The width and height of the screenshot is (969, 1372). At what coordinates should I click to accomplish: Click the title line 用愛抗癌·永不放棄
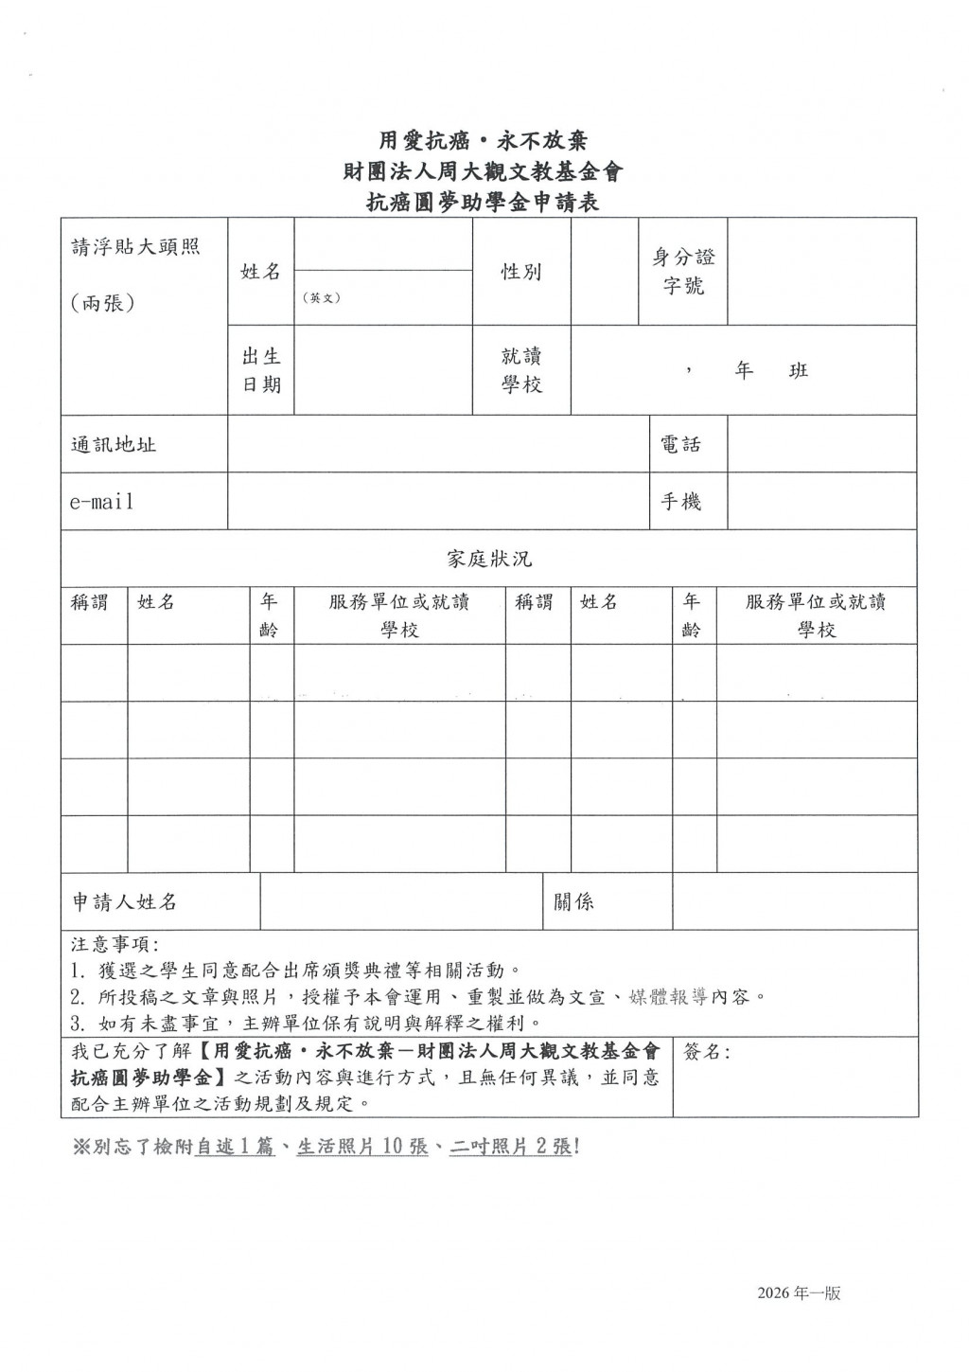(x=484, y=141)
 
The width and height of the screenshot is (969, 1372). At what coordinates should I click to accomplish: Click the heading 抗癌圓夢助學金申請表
(x=484, y=202)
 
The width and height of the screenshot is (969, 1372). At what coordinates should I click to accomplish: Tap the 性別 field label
(x=521, y=272)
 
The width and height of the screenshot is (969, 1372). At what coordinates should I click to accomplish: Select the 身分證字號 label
(x=683, y=272)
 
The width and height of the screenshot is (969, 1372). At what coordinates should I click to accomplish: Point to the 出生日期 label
(x=261, y=370)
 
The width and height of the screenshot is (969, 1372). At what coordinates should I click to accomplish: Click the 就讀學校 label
(x=521, y=370)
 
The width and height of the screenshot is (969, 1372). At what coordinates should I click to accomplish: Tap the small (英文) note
(x=322, y=297)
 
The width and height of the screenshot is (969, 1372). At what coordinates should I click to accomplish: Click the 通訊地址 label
(x=114, y=444)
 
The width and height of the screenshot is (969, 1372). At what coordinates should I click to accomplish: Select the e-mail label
(x=101, y=502)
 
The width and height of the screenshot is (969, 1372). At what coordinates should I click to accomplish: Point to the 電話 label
(x=680, y=444)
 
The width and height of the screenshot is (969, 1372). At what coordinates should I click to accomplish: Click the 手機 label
(x=680, y=502)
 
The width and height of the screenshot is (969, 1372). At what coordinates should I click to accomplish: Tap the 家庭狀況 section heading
(x=489, y=559)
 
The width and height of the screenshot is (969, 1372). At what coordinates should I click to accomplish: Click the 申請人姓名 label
(x=125, y=901)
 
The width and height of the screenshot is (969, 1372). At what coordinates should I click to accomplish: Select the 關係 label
(x=573, y=901)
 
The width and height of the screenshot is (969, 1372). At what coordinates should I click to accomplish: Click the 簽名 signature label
(x=706, y=1052)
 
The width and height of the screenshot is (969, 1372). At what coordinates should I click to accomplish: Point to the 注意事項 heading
(x=115, y=944)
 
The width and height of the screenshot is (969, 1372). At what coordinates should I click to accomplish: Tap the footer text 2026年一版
(x=799, y=1293)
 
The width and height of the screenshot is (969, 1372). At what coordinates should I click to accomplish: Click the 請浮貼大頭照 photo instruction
(x=135, y=247)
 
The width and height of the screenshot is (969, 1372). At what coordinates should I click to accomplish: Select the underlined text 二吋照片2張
(x=511, y=1147)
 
